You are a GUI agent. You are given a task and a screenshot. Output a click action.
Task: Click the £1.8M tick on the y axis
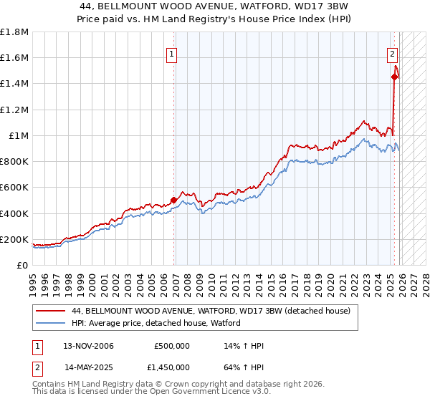pos(14,32)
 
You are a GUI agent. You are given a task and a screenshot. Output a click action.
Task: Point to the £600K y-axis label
pos(14,188)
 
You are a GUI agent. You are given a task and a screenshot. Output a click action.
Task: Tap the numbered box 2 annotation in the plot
pos(393,53)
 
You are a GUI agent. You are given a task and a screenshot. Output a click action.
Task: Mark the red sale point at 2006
pos(173,200)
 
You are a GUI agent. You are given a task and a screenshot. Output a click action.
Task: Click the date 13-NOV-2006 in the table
pos(89,346)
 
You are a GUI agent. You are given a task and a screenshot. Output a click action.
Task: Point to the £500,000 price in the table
pos(172,346)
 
